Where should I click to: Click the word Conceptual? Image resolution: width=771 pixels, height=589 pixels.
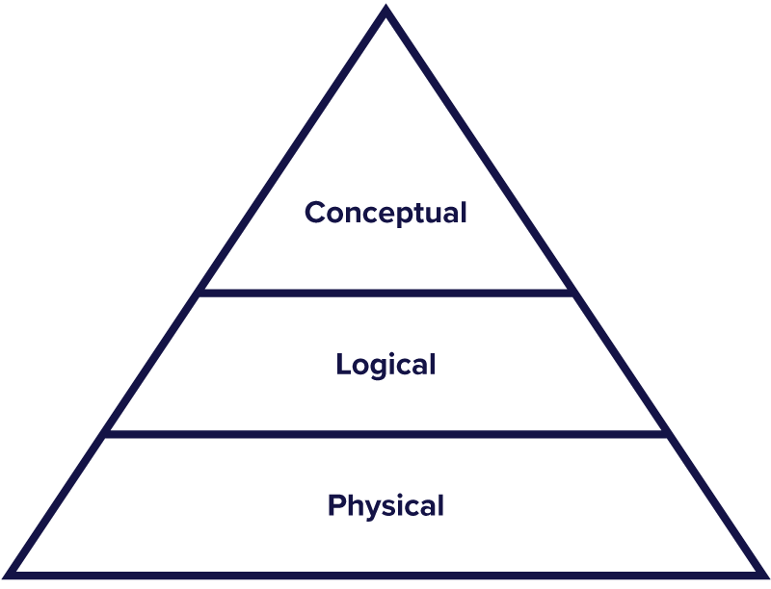click(385, 213)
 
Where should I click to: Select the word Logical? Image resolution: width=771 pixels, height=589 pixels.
click(385, 366)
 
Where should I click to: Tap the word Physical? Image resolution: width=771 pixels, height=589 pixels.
click(385, 506)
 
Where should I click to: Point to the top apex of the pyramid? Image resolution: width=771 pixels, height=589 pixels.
click(385, 12)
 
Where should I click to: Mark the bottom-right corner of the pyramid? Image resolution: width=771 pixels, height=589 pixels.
click(759, 575)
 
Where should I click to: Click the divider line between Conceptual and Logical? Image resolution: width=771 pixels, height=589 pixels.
click(385, 292)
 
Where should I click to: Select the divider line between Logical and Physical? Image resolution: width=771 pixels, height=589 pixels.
click(385, 434)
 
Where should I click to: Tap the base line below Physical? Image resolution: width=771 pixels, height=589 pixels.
click(385, 576)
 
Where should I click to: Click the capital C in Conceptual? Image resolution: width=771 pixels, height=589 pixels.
click(314, 213)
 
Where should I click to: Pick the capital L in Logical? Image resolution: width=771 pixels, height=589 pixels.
click(342, 365)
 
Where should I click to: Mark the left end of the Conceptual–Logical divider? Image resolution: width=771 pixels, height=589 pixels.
click(200, 292)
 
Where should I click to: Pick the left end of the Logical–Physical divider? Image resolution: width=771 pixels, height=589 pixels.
click(106, 434)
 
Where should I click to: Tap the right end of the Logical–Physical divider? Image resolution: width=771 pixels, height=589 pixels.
click(666, 434)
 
